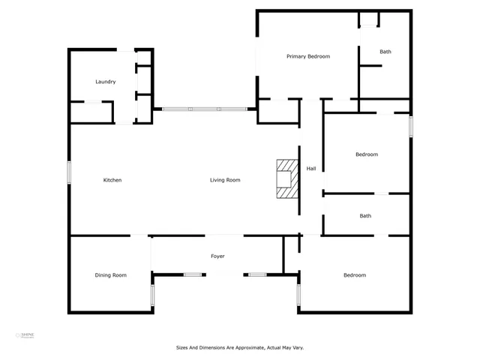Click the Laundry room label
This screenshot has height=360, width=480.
click(105, 82)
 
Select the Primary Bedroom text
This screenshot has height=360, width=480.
click(308, 56)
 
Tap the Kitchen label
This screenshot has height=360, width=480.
click(112, 180)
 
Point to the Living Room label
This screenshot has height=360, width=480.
click(224, 180)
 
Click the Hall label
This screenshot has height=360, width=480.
click(310, 168)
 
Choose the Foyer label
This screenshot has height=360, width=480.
click(217, 256)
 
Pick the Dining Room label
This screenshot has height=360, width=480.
click(110, 275)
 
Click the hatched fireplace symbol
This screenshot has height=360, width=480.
click(286, 179)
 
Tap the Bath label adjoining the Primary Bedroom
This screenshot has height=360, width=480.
click(385, 52)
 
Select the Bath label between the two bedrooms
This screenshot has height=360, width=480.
click(365, 216)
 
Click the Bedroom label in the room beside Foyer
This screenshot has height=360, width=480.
click(355, 275)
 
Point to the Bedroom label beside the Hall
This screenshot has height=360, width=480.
click(366, 154)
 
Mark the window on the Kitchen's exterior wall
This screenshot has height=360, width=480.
click(70, 172)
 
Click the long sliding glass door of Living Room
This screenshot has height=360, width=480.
click(205, 109)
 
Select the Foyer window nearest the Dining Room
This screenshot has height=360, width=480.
click(193, 274)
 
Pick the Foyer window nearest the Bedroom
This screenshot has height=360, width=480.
click(257, 274)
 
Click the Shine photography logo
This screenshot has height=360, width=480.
click(26, 335)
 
